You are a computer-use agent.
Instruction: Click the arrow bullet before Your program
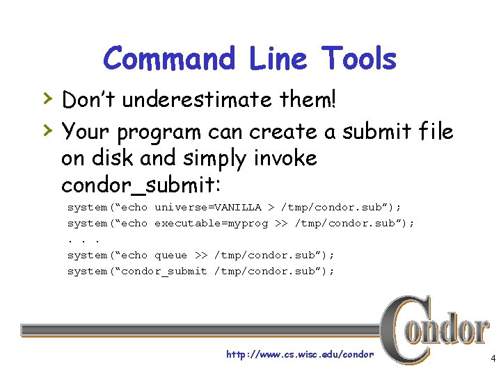[x=46, y=128]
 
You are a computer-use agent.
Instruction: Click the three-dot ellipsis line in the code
[x=79, y=240]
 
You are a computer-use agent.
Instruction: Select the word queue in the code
[x=170, y=255]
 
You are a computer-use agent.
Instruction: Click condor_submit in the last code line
[x=164, y=271]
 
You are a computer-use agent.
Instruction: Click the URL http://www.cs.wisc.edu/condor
[x=300, y=354]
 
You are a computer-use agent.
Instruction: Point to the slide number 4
[x=493, y=359]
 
